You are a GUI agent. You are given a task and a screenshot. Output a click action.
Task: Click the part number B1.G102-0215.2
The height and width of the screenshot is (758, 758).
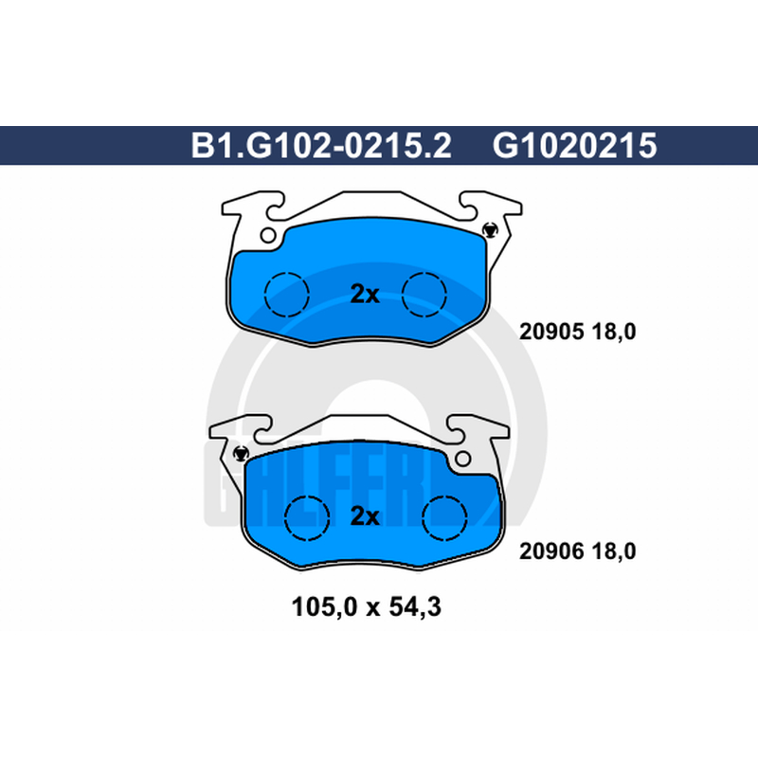pos(321,146)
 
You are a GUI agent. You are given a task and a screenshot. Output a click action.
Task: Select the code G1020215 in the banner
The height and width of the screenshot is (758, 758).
pos(574,146)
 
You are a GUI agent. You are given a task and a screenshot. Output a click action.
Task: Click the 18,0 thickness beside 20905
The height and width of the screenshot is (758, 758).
pos(613,333)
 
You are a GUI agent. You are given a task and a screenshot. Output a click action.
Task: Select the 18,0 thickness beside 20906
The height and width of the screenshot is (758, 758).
pos(613,551)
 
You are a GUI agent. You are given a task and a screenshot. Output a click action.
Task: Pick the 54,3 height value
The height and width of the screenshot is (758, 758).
pos(415,607)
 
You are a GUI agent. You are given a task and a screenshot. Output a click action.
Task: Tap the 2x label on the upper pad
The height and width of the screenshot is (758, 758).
pos(365,294)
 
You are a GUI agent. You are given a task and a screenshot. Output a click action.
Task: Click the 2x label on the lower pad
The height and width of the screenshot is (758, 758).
pos(365,516)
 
